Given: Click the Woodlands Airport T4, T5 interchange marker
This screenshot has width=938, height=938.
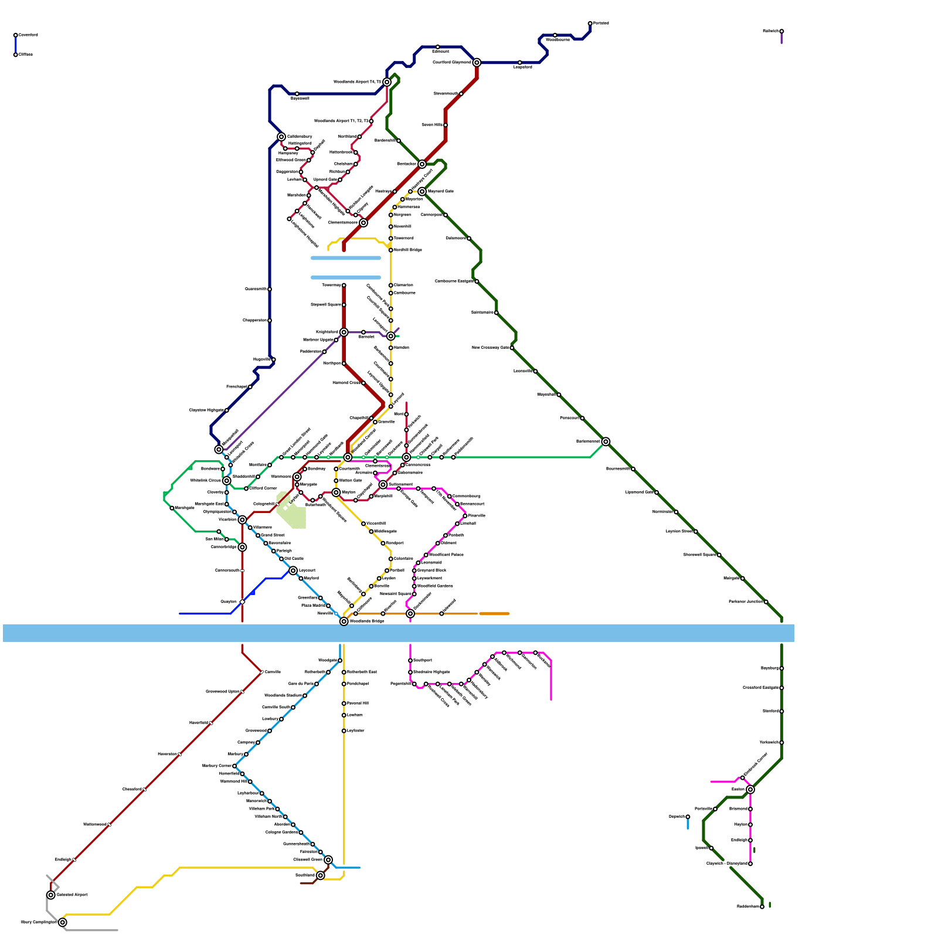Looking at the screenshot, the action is pyautogui.click(x=387, y=82).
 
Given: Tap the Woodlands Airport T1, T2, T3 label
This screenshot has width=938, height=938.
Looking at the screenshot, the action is pyautogui.click(x=342, y=121).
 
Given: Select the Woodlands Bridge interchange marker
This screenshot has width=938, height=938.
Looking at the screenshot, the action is pyautogui.click(x=344, y=621).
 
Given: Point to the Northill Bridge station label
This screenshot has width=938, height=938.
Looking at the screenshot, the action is pyautogui.click(x=408, y=250).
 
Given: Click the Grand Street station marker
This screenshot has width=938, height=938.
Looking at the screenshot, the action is pyautogui.click(x=258, y=535).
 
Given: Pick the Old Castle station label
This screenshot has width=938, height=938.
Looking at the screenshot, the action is pyautogui.click(x=294, y=559).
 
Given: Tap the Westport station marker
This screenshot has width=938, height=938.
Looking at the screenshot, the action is pyautogui.click(x=383, y=543).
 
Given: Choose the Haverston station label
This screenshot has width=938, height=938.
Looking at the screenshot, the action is pyautogui.click(x=167, y=755).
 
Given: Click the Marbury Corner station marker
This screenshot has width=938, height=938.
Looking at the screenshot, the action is pyautogui.click(x=235, y=766).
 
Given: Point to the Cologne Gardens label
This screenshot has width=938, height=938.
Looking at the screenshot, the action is pyautogui.click(x=281, y=832).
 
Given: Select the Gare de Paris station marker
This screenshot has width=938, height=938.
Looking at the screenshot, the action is pyautogui.click(x=317, y=684).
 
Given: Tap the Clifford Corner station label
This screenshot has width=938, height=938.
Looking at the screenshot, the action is pyautogui.click(x=263, y=488).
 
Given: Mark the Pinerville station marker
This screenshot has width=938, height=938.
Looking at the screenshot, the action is pyautogui.click(x=465, y=516).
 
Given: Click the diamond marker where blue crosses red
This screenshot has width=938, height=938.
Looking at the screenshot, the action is pyautogui.click(x=242, y=602).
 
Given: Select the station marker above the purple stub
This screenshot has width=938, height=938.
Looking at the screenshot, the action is pyautogui.click(x=781, y=31).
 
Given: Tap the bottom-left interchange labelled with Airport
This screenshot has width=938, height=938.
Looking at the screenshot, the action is pyautogui.click(x=51, y=895).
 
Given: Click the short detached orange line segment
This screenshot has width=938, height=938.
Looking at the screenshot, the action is pyautogui.click(x=494, y=614).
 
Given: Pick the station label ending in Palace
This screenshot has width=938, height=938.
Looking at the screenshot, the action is pyautogui.click(x=446, y=555).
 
